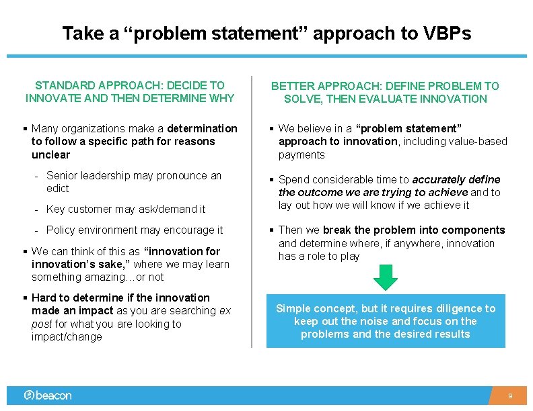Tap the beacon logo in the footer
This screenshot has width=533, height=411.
click(x=48, y=396)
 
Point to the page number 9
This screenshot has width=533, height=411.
click(x=510, y=396)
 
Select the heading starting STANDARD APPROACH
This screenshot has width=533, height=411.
click(x=130, y=92)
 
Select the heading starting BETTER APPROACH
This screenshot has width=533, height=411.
click(x=385, y=93)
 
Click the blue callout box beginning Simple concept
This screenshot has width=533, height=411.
click(x=386, y=321)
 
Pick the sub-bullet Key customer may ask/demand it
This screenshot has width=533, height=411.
click(x=126, y=210)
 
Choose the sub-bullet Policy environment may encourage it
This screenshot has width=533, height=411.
click(x=135, y=230)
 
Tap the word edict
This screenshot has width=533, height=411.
click(x=58, y=189)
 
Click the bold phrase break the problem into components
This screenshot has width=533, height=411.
click(x=423, y=230)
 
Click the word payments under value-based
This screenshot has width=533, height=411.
click(x=301, y=154)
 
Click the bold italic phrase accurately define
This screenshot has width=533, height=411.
click(x=456, y=179)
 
